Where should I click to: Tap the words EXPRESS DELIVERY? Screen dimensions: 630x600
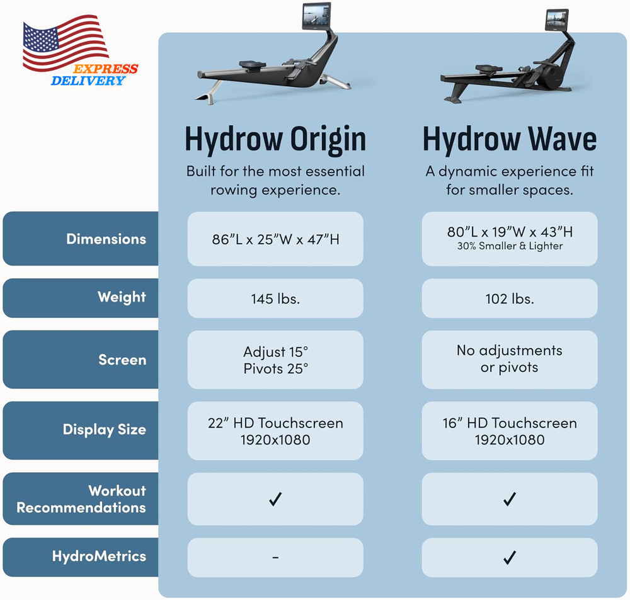[x=94, y=75]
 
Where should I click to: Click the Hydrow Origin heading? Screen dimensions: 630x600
[x=275, y=139]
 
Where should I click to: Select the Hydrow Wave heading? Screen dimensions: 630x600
[x=510, y=139]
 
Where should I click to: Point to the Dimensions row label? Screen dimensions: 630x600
[x=106, y=239]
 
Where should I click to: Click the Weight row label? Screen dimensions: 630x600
[x=122, y=297]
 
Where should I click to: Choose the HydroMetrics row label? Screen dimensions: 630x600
[x=99, y=556]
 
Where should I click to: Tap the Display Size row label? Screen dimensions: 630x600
[x=105, y=430]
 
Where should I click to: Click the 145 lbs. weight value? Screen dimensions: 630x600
[x=275, y=299]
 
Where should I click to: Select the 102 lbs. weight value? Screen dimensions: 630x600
[x=510, y=299]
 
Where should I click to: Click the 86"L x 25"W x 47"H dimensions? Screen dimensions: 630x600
[x=275, y=239]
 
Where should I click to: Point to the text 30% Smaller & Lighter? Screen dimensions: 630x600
[x=510, y=246]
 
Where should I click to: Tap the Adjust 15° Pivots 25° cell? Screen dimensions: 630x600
[x=276, y=360]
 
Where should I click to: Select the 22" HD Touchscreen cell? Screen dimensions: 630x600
[x=275, y=431]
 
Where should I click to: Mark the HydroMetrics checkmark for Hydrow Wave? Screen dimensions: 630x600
[x=510, y=557]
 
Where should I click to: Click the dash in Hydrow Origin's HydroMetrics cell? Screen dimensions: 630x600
[x=275, y=557]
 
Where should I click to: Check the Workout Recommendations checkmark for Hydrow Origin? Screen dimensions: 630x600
[x=275, y=499]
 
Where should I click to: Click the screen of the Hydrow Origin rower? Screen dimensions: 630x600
[x=317, y=15]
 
